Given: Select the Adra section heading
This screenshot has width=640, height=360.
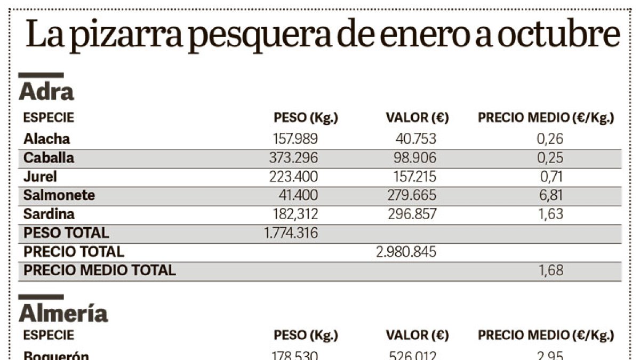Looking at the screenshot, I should [x=46, y=92].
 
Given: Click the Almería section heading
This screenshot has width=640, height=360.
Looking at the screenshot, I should [x=63, y=314].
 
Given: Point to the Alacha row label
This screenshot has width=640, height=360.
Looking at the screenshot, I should [x=46, y=139].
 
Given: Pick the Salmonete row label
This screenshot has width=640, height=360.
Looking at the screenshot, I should [x=59, y=195].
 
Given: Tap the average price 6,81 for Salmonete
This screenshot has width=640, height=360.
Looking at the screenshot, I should [x=550, y=195].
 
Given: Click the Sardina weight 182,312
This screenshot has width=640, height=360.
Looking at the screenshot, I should [x=295, y=214].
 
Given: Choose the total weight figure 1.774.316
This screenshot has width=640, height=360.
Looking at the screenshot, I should [x=291, y=233].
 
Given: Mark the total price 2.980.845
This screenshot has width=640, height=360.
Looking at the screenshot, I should [x=406, y=252].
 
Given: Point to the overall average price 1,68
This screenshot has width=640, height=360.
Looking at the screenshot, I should [x=550, y=270].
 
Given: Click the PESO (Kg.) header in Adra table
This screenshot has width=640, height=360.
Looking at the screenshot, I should [x=306, y=118].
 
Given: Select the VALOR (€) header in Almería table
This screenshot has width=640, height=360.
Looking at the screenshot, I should [x=417, y=335].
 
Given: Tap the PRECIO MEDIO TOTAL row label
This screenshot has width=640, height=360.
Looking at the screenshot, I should [x=100, y=270].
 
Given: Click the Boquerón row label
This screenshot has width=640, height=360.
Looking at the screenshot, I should [x=56, y=355].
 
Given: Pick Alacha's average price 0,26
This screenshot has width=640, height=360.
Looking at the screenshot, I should [x=550, y=139].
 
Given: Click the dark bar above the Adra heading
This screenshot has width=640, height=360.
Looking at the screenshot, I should [x=41, y=75].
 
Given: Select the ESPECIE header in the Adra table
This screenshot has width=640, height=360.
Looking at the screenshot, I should [x=49, y=118].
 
